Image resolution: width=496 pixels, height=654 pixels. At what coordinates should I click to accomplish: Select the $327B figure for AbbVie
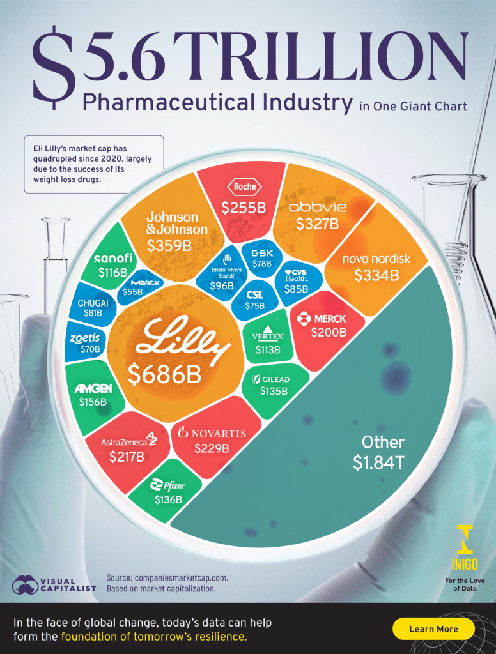click(317, 224)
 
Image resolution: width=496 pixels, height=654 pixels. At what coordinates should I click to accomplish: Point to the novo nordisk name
click(376, 259)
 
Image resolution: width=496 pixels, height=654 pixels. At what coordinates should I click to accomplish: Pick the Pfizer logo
click(167, 485)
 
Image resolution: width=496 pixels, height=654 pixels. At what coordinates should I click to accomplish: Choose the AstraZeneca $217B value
click(127, 457)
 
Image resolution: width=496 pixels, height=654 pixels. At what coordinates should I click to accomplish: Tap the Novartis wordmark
click(211, 434)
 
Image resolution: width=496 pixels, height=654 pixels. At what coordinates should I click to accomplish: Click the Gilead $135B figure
click(274, 391)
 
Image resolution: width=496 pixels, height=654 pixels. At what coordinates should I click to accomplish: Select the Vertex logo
click(268, 334)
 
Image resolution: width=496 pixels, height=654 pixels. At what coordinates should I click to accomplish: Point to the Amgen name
click(93, 388)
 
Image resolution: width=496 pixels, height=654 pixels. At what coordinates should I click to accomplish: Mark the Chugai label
click(92, 302)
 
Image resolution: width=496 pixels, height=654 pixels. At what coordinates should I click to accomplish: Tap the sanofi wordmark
click(113, 258)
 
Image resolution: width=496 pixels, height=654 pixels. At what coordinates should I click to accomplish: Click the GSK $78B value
click(261, 263)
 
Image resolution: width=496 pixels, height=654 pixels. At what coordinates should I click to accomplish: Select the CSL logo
click(255, 295)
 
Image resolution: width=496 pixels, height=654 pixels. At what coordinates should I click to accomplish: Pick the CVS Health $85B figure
click(295, 289)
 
